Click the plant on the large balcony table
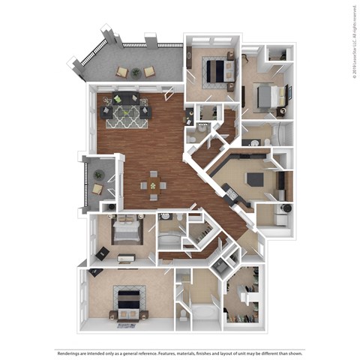pos(136,73)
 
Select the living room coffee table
pos(127,112)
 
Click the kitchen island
pos(255,179)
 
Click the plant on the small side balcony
pos(98,175)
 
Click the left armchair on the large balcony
pos(121,72)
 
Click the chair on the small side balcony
pos(97,189)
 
